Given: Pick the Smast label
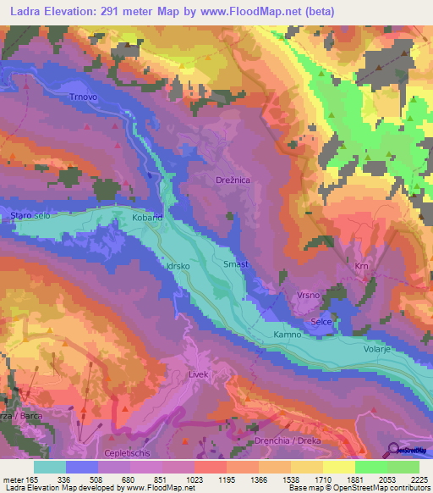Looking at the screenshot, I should pos(234,264).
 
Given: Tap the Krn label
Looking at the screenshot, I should pos(362,267).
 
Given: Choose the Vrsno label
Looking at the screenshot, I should pos(308,295).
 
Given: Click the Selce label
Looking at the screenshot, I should pos(321,323).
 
